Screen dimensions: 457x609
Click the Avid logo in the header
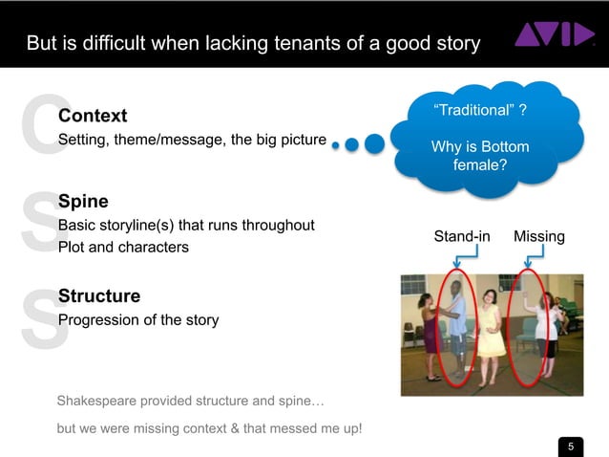555,35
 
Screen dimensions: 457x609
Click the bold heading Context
93,116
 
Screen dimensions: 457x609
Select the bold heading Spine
83,202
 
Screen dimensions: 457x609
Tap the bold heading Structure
99,295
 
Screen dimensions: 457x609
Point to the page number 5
571,446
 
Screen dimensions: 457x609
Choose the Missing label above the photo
539,236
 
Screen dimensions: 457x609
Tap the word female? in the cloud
479,164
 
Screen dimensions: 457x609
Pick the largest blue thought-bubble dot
374,143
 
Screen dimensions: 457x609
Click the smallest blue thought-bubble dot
335,145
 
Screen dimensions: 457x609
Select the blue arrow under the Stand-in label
460,258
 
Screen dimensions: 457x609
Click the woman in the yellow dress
491,325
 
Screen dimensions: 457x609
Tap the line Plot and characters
123,247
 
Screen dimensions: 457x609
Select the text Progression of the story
138,319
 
